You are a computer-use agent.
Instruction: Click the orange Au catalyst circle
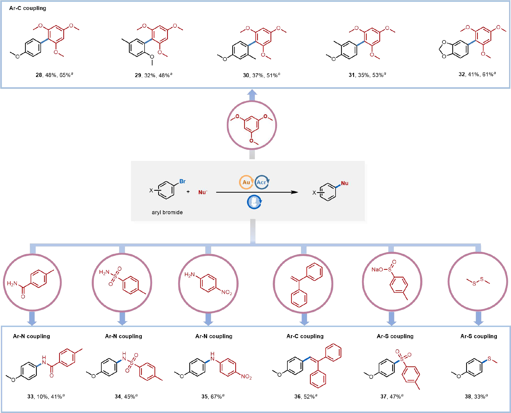(x=246, y=182)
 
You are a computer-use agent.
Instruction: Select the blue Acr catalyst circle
(x=262, y=182)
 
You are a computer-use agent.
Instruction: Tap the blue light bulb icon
(x=254, y=202)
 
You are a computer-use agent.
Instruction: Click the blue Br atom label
(x=182, y=181)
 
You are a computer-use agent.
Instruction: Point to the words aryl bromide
(x=167, y=212)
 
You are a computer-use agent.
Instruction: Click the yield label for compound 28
(x=54, y=75)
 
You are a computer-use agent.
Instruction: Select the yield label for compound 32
(x=477, y=74)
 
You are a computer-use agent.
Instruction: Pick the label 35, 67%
(x=213, y=396)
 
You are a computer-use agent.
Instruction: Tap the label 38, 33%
(x=476, y=396)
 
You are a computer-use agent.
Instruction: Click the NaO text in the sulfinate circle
(x=377, y=269)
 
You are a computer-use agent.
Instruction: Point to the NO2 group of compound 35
(x=246, y=377)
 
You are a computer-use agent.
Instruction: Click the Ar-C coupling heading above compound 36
(x=305, y=336)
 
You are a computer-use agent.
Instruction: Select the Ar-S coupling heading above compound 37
(x=395, y=336)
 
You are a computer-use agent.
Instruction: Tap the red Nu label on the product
(x=344, y=183)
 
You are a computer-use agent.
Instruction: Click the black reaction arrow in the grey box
(x=257, y=192)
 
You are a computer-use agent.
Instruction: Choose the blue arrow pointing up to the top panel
(x=252, y=95)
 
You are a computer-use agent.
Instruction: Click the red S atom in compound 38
(x=489, y=359)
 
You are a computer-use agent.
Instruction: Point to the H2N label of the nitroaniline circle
(x=190, y=275)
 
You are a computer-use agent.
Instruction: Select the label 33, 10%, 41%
(x=46, y=396)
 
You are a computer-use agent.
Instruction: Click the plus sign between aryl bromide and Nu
(x=188, y=192)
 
